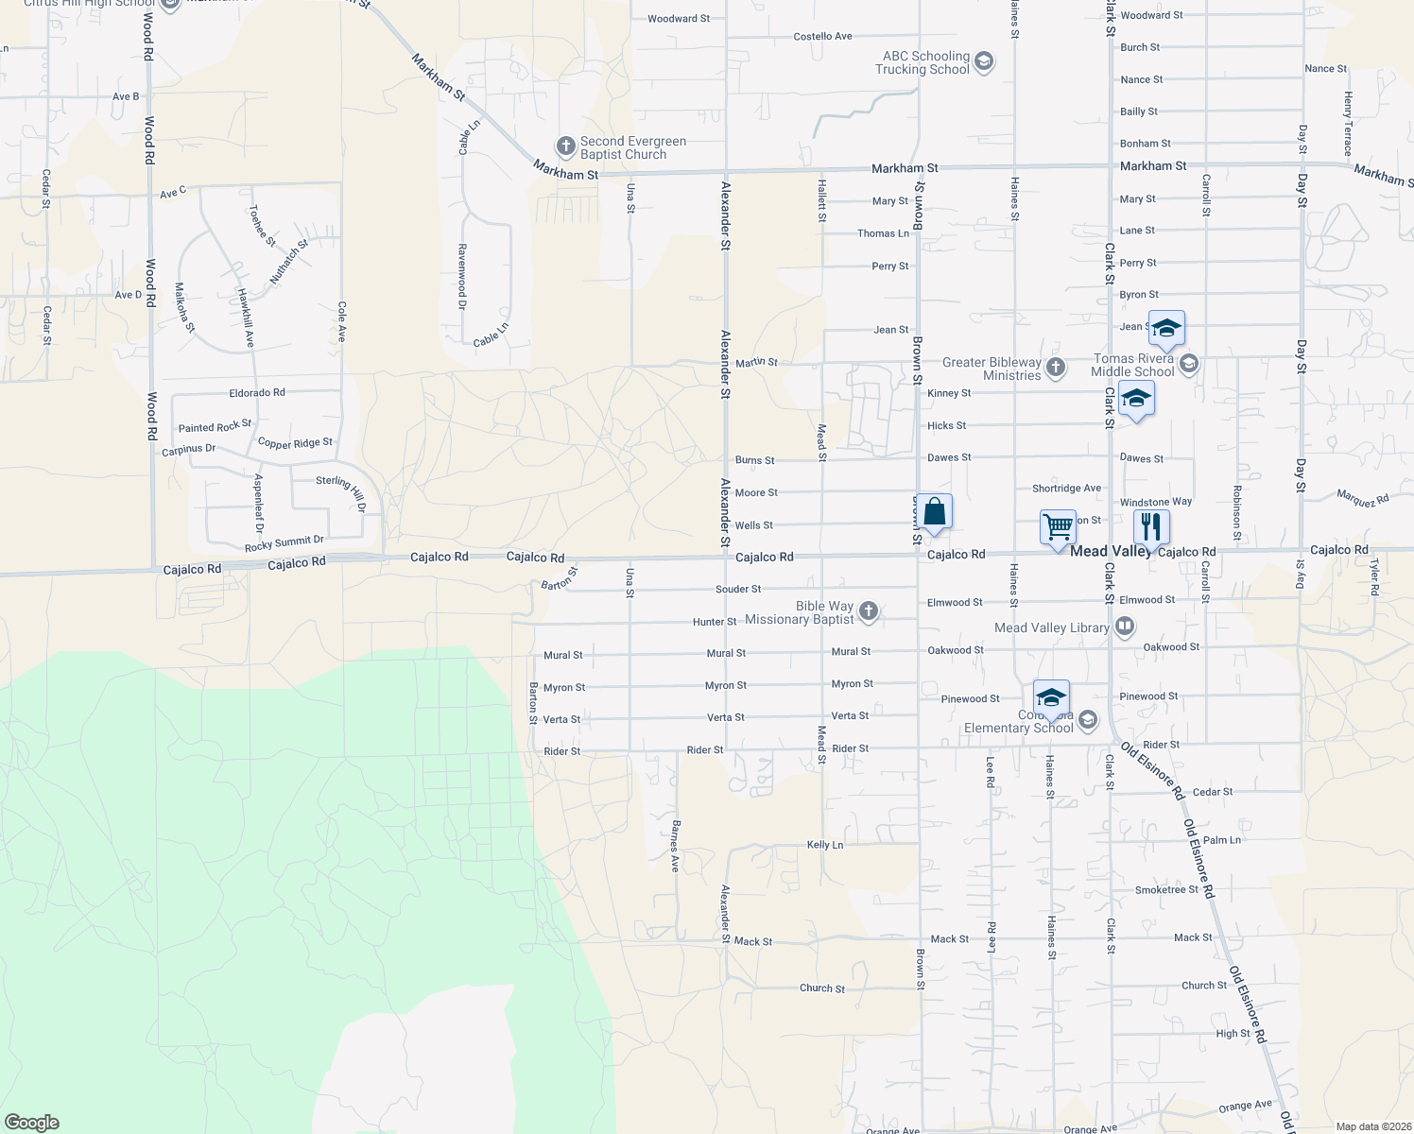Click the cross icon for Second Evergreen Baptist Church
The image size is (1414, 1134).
point(565,146)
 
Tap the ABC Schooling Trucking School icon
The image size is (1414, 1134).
point(983,62)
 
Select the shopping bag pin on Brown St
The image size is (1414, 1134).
point(934,512)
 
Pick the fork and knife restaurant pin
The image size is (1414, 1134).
point(1150,525)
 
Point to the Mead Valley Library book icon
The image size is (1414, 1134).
point(1124,626)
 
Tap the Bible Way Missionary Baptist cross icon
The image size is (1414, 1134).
point(869,612)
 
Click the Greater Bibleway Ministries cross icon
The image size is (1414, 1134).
point(1056,367)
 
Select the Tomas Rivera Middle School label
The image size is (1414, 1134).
point(1132,365)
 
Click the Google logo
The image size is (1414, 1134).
point(32,1123)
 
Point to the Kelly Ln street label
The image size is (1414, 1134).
point(824,845)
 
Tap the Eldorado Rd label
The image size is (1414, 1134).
point(256,392)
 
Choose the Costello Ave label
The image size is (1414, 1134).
point(822,36)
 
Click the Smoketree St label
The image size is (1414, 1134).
point(1166,889)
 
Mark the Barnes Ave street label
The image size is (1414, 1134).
point(675,846)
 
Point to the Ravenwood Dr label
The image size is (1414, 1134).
point(462,277)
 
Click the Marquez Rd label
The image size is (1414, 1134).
point(1362,498)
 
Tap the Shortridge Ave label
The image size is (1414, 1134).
point(1066,489)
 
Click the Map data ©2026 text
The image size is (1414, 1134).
point(1372,1126)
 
